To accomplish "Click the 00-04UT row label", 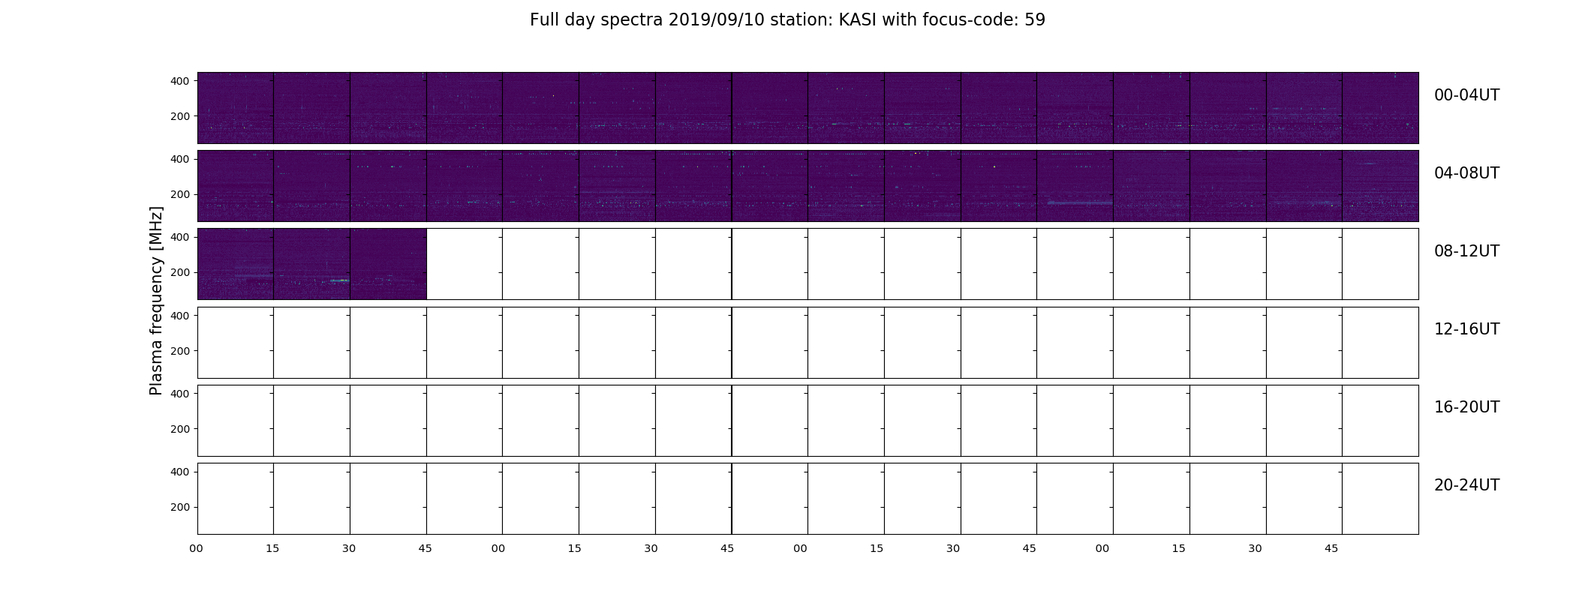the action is coord(1466,95).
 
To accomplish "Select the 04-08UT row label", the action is coord(1466,173).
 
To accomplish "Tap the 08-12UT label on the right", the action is coord(1466,251).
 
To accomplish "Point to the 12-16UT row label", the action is coord(1466,329).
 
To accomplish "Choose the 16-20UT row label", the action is coord(1466,407).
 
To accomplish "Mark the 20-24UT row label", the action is coord(1466,485).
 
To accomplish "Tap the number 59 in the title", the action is coord(1035,20).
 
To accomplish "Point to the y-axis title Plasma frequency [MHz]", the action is coord(156,301).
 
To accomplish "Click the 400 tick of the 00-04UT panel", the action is coord(180,81).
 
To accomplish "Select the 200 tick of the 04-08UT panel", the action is coord(180,194).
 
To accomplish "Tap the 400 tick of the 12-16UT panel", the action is coord(180,316).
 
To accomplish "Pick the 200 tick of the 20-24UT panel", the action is coord(180,507).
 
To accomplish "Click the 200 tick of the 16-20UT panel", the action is coord(180,429).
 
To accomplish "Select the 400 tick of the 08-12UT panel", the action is coord(180,237).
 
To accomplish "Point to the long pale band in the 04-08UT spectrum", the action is coord(1080,202).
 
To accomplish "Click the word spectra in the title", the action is coord(631,20).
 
